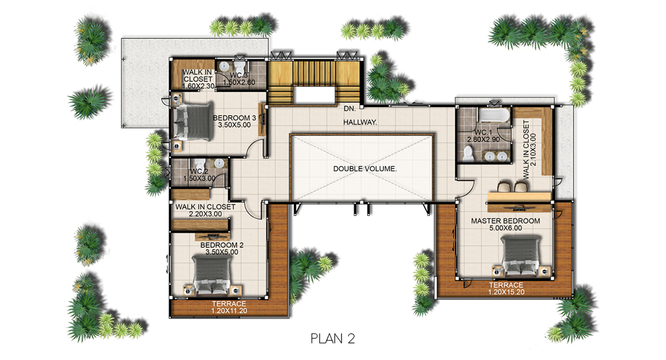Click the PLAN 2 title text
[x=333, y=338]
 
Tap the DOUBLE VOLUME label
[x=365, y=169]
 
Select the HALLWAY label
[x=360, y=122]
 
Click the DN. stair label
[x=349, y=109]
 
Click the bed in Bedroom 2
[x=212, y=275]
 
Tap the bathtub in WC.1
[x=493, y=116]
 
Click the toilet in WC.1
[x=468, y=154]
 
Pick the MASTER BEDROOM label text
[x=505, y=220]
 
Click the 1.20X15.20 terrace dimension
[x=506, y=292]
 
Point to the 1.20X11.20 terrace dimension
[x=229, y=311]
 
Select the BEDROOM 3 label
[x=235, y=118]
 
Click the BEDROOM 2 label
[x=222, y=245]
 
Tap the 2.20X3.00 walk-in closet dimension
[x=206, y=214]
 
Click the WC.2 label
[x=198, y=171]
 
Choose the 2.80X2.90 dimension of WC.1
[x=483, y=140]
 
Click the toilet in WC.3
[x=240, y=66]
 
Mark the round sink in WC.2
[x=219, y=164]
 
